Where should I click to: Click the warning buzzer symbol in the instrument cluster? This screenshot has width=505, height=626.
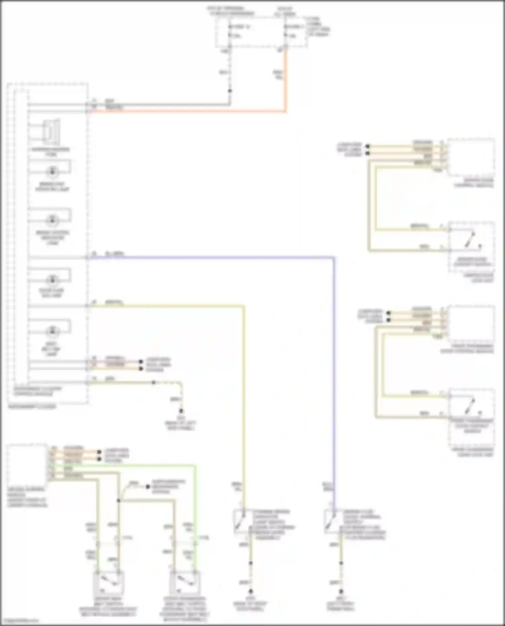52,132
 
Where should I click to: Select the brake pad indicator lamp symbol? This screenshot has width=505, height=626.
52,172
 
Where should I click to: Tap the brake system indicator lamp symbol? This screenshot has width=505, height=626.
52,220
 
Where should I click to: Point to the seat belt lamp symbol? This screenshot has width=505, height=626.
52,331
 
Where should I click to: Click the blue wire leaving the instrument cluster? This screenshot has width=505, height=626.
215,258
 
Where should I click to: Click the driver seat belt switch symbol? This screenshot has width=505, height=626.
108,582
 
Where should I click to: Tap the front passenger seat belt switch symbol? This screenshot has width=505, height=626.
184,582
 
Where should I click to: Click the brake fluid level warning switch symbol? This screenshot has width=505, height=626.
331,522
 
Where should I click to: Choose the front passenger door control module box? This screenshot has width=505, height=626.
471,323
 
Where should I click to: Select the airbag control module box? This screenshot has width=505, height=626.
27,465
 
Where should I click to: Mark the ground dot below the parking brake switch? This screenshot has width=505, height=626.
250,591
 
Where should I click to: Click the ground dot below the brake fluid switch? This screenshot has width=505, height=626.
341,591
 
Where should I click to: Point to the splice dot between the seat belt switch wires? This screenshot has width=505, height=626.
119,501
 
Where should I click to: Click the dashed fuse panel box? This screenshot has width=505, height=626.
261,32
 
